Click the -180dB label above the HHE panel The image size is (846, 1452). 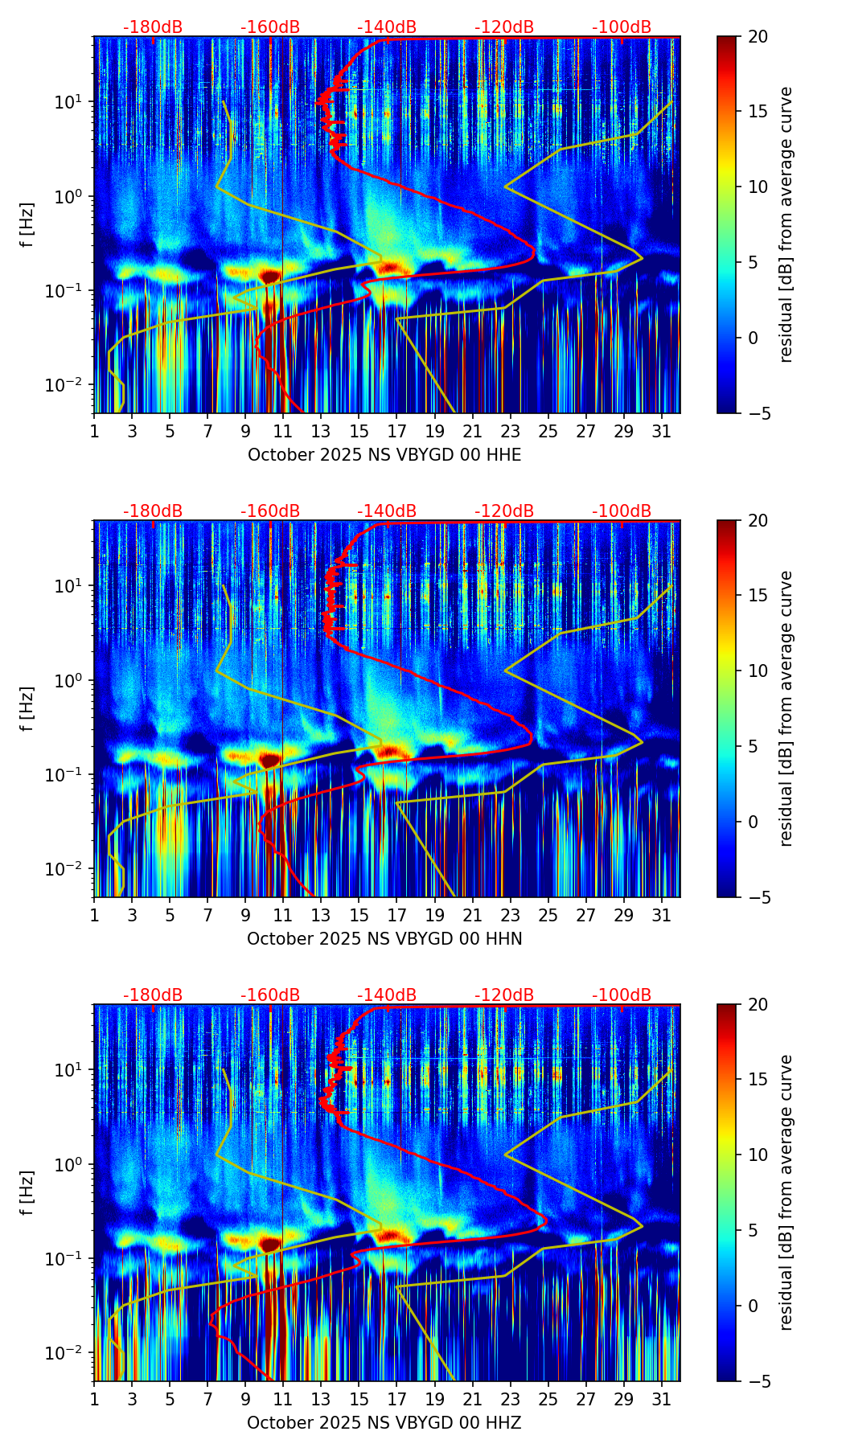[x=153, y=27]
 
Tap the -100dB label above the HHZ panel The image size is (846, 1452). [x=622, y=995]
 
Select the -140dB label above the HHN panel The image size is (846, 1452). [x=387, y=511]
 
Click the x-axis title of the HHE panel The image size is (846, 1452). [x=384, y=455]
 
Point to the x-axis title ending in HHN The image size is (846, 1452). [x=384, y=939]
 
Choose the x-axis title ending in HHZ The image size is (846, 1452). [x=384, y=1423]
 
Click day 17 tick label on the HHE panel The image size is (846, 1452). [x=396, y=432]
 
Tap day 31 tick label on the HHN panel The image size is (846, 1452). [x=662, y=916]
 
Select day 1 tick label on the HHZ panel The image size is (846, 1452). [x=95, y=1400]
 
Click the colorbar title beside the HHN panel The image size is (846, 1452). [x=786, y=708]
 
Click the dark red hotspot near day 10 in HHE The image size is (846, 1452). [x=269, y=276]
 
